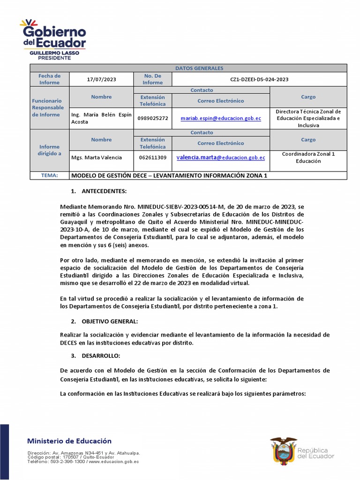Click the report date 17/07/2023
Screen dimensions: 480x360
click(x=101, y=79)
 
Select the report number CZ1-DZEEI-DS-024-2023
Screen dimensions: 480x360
click(x=259, y=79)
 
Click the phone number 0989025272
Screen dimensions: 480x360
click(x=153, y=119)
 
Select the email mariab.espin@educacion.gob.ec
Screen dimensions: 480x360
click(x=221, y=119)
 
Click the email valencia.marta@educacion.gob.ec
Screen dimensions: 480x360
click(x=221, y=158)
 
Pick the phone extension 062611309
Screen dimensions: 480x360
click(x=153, y=157)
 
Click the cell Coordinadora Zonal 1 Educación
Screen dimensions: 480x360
click(x=308, y=157)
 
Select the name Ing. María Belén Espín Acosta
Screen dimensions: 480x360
click(x=101, y=118)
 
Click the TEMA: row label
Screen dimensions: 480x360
click(x=49, y=176)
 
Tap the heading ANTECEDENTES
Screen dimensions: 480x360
click(x=104, y=191)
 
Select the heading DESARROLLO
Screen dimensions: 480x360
click(x=101, y=356)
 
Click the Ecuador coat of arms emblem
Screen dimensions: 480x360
click(x=283, y=451)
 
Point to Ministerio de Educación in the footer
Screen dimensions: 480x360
click(x=69, y=441)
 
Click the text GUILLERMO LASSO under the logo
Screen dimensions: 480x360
click(x=54, y=53)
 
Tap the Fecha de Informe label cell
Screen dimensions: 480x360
click(x=49, y=79)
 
